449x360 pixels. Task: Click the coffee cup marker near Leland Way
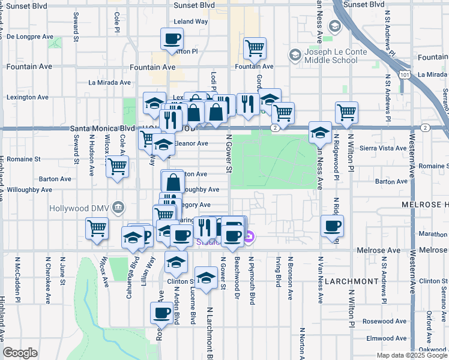pos(172,41)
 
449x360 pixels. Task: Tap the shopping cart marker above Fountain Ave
pos(255,49)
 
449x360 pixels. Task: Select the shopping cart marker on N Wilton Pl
pos(346,112)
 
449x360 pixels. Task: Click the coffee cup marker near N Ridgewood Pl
pos(332,226)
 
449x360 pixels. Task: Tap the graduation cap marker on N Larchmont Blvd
pos(206,278)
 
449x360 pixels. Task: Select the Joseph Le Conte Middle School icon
pos(295,56)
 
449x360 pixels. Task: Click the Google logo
pos(20,353)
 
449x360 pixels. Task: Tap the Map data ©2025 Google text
pos(411,355)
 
